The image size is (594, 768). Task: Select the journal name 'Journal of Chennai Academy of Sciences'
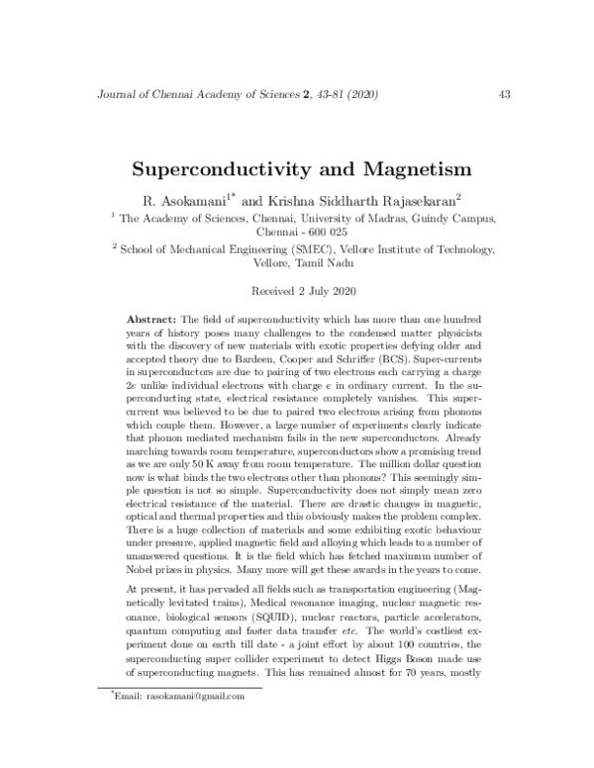pyautogui.click(x=193, y=95)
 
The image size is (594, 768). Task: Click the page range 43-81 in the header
pyautogui.click(x=328, y=95)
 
